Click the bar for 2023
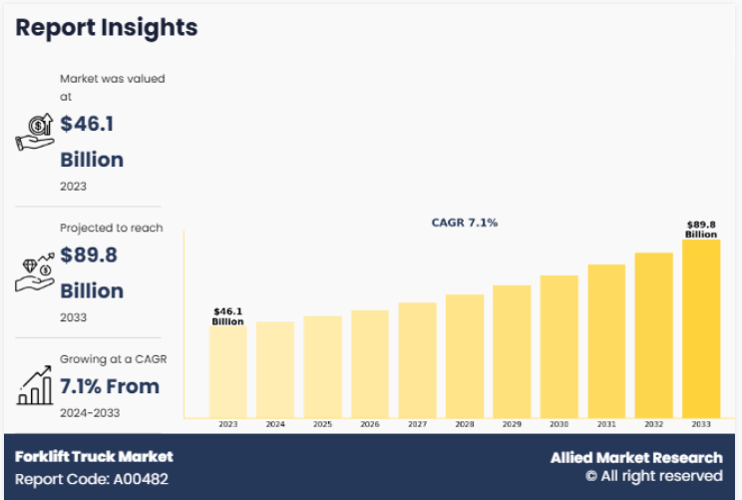pyautogui.click(x=228, y=372)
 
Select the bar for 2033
pyautogui.click(x=701, y=328)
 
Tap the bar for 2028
pyautogui.click(x=465, y=356)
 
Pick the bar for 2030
pyautogui.click(x=559, y=346)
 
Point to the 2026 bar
pyautogui.click(x=370, y=364)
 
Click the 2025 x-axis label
pyautogui.click(x=323, y=424)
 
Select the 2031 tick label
pyautogui.click(x=606, y=424)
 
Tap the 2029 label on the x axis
pyautogui.click(x=512, y=424)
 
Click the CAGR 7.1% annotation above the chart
pyautogui.click(x=464, y=223)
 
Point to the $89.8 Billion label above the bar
pyautogui.click(x=701, y=230)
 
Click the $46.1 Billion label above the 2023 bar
pyautogui.click(x=227, y=316)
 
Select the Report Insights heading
pyautogui.click(x=107, y=28)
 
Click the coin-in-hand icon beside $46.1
pyautogui.click(x=35, y=132)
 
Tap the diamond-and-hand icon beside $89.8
pyautogui.click(x=35, y=272)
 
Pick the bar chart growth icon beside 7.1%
pyautogui.click(x=35, y=385)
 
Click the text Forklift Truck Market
pyautogui.click(x=94, y=456)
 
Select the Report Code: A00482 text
pyautogui.click(x=92, y=479)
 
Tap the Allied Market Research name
pyautogui.click(x=636, y=458)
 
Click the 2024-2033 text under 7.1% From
pyautogui.click(x=90, y=413)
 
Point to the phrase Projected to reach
pyautogui.click(x=112, y=228)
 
